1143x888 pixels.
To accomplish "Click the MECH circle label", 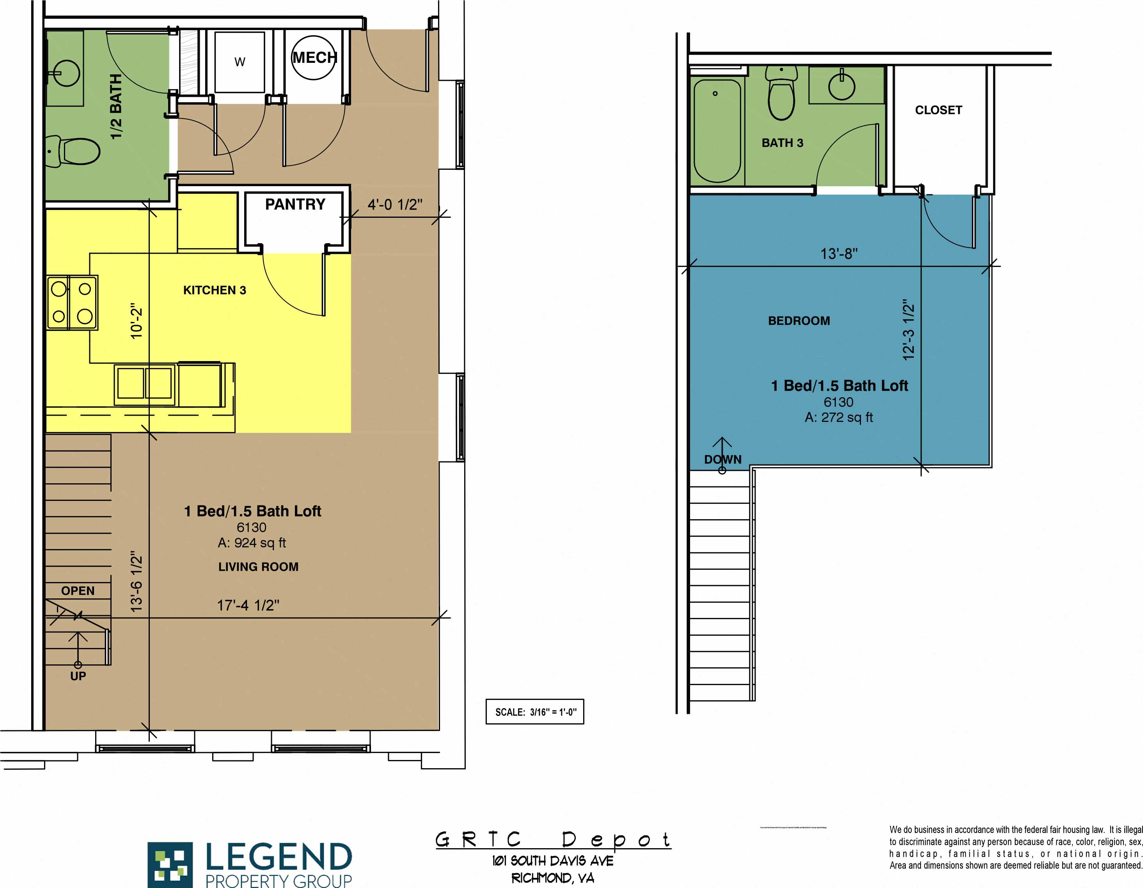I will (x=314, y=58).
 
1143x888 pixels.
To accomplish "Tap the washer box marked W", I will (x=240, y=62).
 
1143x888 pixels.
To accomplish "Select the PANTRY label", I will (x=295, y=204).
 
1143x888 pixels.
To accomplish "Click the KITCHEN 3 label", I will (x=215, y=290).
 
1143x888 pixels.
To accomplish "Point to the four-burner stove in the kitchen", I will (x=72, y=303).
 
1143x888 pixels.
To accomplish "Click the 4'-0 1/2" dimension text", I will (x=395, y=205).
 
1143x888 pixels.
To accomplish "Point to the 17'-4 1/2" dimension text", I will (x=248, y=605).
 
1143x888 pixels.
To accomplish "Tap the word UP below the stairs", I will (x=78, y=676).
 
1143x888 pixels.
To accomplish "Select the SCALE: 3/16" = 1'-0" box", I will (x=534, y=712).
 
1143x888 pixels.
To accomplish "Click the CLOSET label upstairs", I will (x=938, y=110).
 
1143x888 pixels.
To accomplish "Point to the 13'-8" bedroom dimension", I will (x=839, y=254).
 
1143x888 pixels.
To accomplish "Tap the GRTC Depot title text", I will (x=553, y=840).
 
